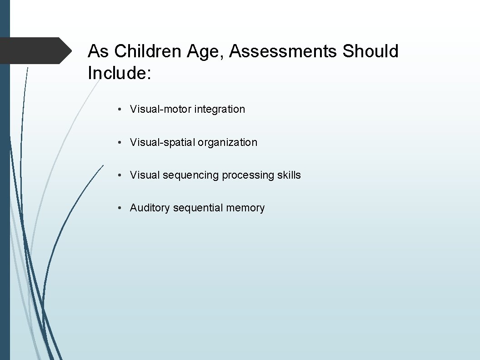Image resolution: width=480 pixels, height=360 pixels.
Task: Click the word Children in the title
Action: tap(148, 51)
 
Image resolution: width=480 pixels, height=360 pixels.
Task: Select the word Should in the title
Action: tap(370, 51)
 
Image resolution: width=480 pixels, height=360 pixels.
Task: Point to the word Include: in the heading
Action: tap(119, 73)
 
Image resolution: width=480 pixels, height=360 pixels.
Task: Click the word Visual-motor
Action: tap(160, 109)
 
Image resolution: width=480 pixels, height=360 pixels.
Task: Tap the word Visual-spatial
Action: tap(162, 142)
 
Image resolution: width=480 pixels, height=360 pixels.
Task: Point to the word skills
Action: tap(289, 175)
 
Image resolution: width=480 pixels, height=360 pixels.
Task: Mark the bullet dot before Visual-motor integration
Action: tap(118, 110)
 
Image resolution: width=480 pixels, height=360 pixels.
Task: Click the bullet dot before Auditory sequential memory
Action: tap(118, 208)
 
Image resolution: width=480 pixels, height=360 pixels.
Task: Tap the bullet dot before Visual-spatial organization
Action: tap(118, 143)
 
